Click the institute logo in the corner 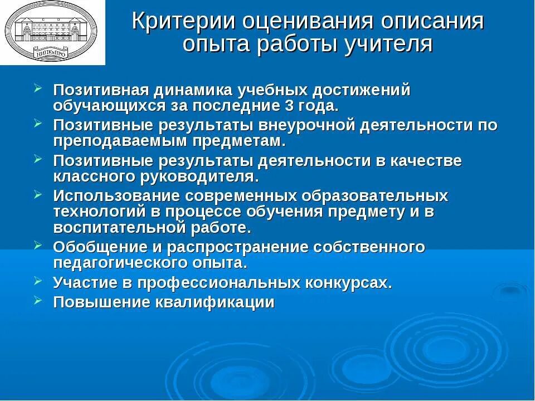(x=52, y=32)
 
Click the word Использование (x=116, y=197)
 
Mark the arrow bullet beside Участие (x=37, y=280)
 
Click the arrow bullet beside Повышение (x=37, y=300)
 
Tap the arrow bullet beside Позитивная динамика (x=37, y=87)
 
